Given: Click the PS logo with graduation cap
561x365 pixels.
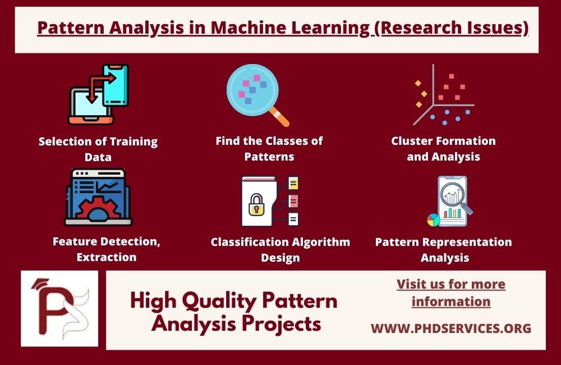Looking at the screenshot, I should click(x=59, y=308).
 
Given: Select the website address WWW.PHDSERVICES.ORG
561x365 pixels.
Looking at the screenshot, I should click(x=451, y=328).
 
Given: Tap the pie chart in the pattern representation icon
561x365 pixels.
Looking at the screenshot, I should click(x=433, y=220).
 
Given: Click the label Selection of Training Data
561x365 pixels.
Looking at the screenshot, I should click(x=98, y=149).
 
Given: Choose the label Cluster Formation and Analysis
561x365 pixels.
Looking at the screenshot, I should click(x=443, y=149).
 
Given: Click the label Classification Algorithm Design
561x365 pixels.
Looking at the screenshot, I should click(x=280, y=250).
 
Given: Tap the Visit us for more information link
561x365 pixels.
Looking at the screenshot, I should click(x=451, y=293).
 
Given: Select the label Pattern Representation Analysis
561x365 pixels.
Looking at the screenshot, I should click(x=443, y=250).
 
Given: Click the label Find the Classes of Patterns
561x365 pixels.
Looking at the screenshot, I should click(x=269, y=148).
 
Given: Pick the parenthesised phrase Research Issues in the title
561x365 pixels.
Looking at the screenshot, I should click(x=450, y=28).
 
